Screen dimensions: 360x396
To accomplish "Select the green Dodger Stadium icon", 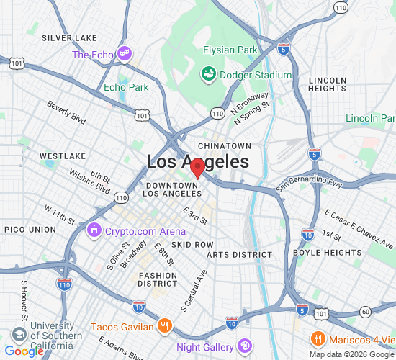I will click(208, 74).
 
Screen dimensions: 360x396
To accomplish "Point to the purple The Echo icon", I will click(125, 53).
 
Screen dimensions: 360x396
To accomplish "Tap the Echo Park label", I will click(126, 87).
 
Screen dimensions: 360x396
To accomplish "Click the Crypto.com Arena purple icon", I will click(94, 231).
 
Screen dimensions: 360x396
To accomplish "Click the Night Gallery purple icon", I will click(245, 346).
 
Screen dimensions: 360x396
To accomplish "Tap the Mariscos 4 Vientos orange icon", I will click(317, 338).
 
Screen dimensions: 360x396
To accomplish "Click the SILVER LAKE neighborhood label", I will click(69, 37).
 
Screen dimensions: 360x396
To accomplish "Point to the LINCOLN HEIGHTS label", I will click(327, 84).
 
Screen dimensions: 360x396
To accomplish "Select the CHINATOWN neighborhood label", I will click(224, 145).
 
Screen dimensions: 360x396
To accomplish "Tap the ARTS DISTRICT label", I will click(240, 255).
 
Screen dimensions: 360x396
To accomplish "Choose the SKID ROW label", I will click(192, 245).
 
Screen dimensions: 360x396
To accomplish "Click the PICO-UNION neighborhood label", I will click(30, 229).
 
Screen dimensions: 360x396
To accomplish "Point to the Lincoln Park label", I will click(370, 118).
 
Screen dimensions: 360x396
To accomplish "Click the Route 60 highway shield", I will click(366, 311).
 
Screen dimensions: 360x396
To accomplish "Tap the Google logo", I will click(24, 351).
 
